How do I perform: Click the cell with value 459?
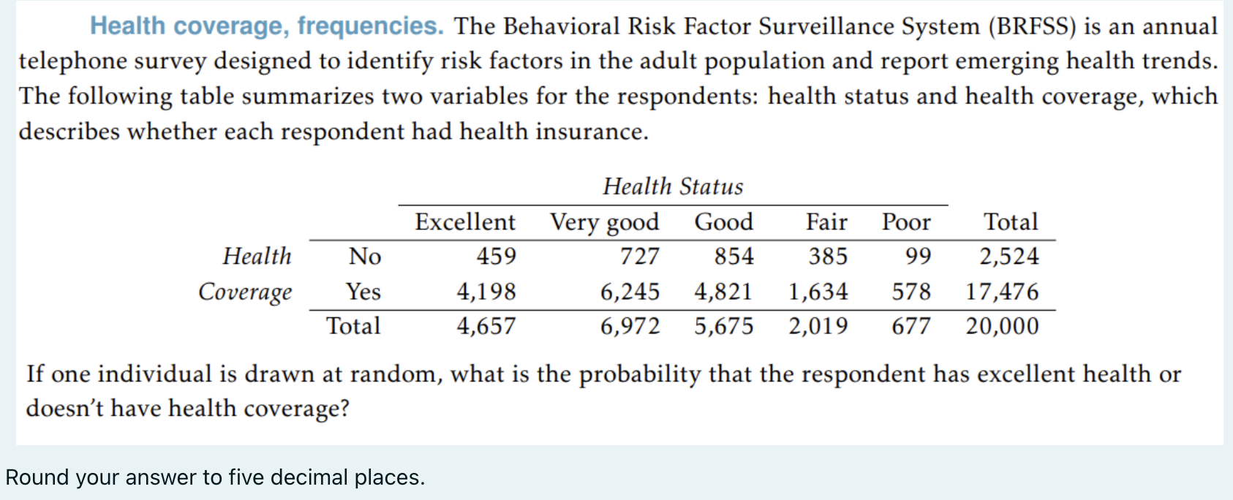click(496, 257)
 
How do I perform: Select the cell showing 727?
click(639, 257)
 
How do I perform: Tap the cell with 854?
click(734, 257)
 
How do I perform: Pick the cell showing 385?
click(828, 257)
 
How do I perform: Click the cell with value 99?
click(918, 257)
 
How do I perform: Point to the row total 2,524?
click(1009, 257)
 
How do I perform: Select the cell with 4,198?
click(486, 292)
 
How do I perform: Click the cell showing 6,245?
click(630, 292)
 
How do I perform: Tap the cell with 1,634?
click(818, 292)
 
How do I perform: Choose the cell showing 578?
click(911, 292)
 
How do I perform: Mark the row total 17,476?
click(1002, 292)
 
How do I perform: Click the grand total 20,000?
click(1002, 326)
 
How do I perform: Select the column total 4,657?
click(486, 326)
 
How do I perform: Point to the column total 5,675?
click(723, 326)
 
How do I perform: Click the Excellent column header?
click(465, 221)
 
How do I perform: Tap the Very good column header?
click(605, 222)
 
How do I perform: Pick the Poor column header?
click(906, 221)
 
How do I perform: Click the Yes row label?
click(363, 292)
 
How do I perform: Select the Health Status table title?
click(673, 187)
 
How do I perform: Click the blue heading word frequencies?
click(370, 26)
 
